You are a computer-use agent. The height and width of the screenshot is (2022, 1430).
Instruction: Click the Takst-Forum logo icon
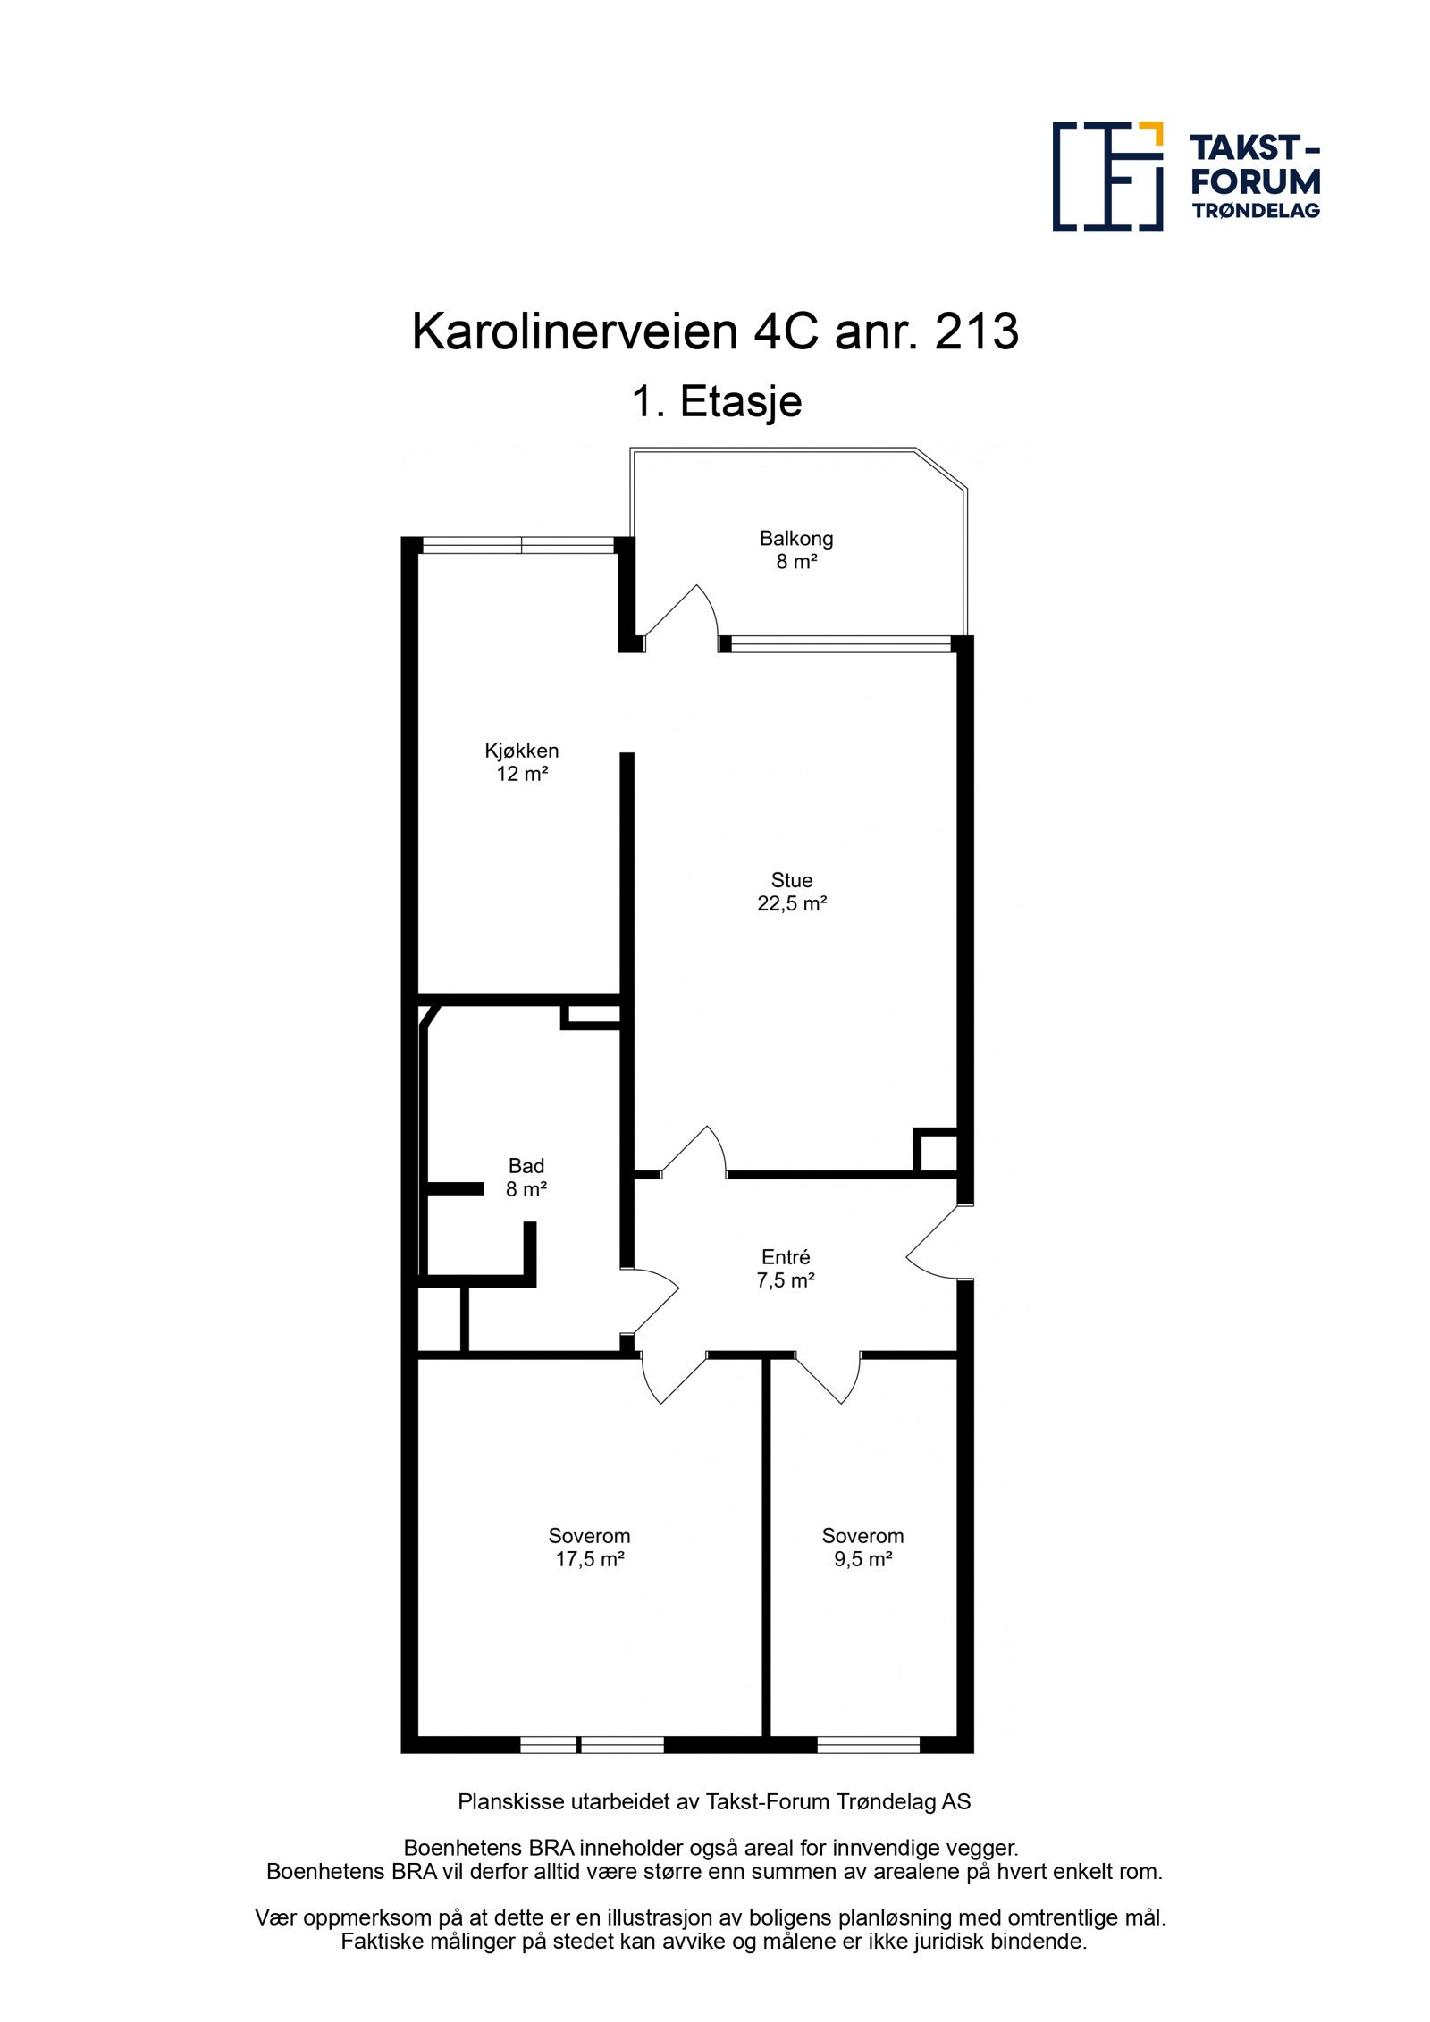(x=1106, y=176)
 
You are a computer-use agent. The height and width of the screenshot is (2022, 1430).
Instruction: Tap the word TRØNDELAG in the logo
(x=1255, y=211)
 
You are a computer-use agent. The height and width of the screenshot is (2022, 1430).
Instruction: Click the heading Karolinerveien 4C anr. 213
(x=714, y=331)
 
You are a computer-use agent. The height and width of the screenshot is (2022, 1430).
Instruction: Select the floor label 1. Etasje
(x=716, y=401)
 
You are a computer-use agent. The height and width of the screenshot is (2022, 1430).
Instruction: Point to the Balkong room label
(x=795, y=539)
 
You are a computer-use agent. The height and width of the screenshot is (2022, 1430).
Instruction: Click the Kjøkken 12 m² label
(x=522, y=762)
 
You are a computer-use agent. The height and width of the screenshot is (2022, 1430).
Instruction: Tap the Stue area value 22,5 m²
(x=791, y=903)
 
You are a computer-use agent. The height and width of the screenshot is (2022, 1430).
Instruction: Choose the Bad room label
(x=526, y=1166)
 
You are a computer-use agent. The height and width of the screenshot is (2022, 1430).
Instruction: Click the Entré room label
(x=785, y=1257)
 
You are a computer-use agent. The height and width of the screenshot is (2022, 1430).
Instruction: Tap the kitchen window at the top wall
(x=518, y=545)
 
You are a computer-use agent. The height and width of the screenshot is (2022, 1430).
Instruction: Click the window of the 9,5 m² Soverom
(x=868, y=1744)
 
